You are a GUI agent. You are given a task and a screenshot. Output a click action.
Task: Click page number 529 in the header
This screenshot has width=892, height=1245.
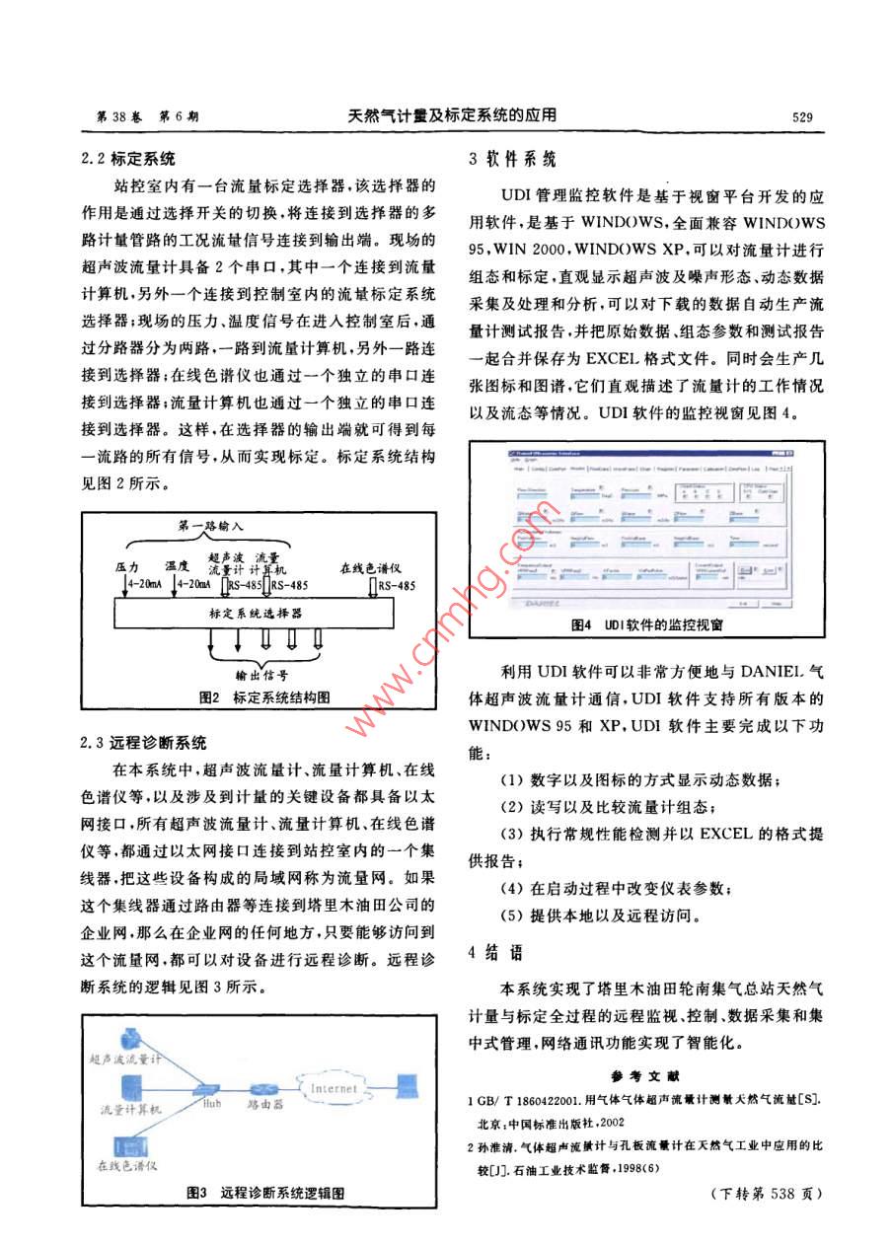(x=800, y=116)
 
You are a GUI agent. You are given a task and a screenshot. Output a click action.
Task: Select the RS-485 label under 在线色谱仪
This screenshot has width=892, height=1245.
(x=395, y=586)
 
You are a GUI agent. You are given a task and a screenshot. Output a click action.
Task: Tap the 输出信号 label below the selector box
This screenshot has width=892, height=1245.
(x=261, y=676)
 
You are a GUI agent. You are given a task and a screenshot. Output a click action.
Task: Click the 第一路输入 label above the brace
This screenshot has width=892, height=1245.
(x=211, y=527)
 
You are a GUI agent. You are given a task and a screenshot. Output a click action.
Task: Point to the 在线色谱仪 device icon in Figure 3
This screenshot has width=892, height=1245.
(x=127, y=1146)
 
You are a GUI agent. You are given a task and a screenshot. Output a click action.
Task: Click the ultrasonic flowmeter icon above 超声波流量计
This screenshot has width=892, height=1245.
(x=128, y=1039)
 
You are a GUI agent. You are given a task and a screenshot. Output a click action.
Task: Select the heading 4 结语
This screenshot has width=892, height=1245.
(x=497, y=953)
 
